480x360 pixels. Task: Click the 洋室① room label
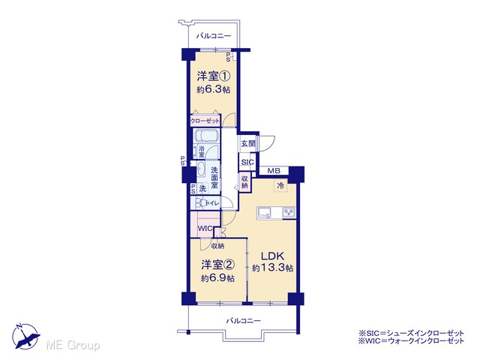(213, 76)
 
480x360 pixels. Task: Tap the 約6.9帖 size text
(218, 278)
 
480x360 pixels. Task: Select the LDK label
(272, 256)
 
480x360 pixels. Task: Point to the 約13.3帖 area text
(272, 268)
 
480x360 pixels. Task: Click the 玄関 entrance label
(248, 143)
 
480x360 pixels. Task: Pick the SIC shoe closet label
(247, 162)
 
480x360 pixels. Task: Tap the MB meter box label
(274, 171)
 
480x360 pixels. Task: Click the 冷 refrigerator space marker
(280, 185)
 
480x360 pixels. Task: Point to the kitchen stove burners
(289, 211)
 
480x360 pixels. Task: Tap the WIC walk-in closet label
(205, 229)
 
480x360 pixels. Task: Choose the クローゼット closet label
(205, 121)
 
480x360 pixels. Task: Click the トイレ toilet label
(212, 203)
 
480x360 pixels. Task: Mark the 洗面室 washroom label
(214, 178)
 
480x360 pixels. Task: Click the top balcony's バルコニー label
(214, 36)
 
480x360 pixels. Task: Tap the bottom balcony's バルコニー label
(243, 321)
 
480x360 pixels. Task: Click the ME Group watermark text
(73, 346)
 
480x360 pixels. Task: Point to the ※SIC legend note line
(412, 333)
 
